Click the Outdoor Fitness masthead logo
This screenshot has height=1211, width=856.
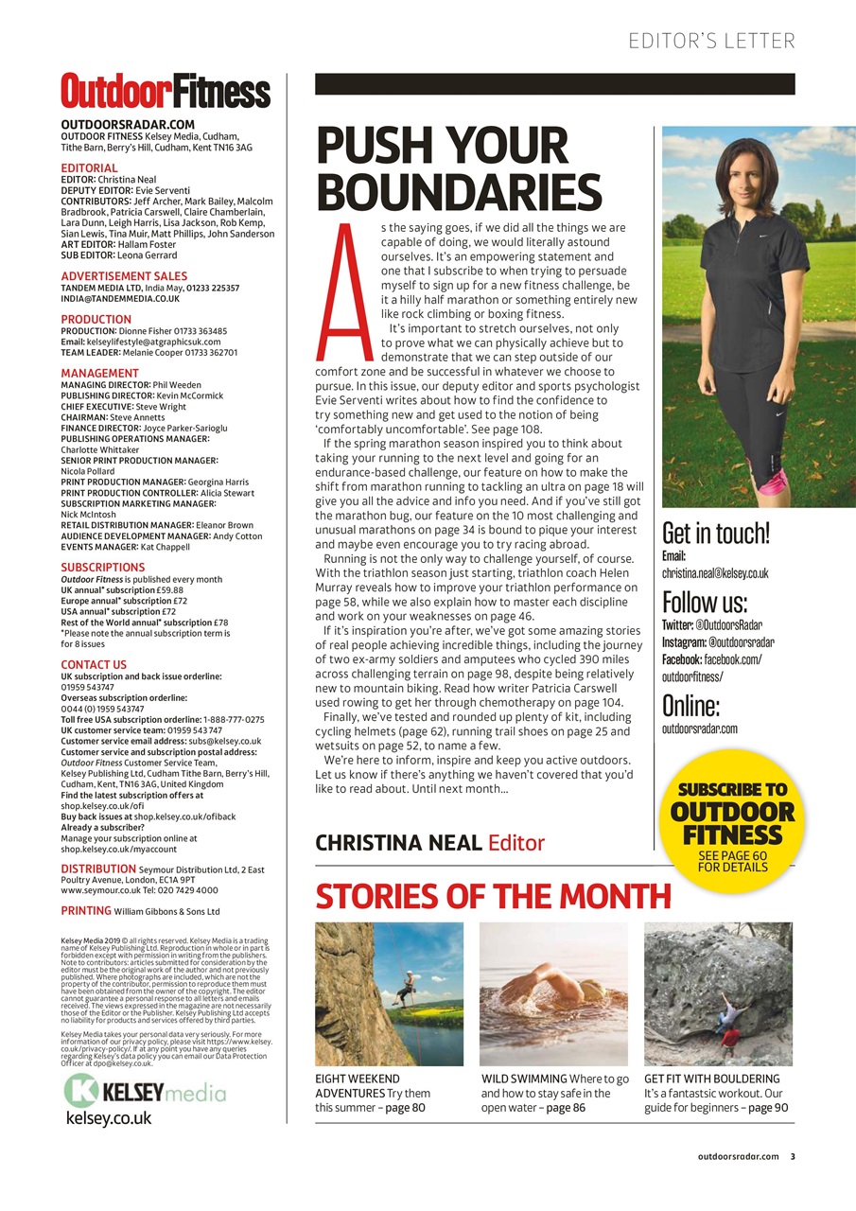(166, 92)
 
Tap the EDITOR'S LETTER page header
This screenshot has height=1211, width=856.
(711, 41)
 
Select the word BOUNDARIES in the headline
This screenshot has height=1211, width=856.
(459, 192)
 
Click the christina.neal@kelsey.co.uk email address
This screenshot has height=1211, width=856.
(715, 573)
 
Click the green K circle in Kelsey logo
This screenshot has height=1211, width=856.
(81, 1091)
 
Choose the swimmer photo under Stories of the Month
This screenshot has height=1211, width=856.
(553, 993)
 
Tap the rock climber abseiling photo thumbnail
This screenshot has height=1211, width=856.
(389, 993)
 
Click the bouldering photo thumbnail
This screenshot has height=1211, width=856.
(718, 993)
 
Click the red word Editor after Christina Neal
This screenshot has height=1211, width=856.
(515, 841)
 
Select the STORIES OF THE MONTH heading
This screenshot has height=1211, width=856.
(493, 895)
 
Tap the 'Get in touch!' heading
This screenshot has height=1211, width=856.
(716, 533)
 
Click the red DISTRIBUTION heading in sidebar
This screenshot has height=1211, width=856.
(98, 869)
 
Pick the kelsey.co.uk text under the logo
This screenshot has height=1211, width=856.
(108, 1117)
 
